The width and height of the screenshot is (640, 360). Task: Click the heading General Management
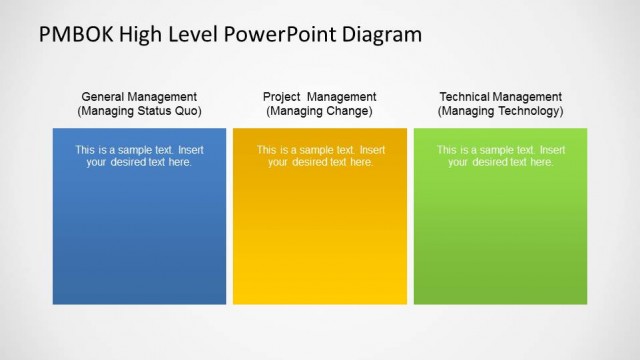coord(139,97)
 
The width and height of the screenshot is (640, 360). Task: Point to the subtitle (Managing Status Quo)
coord(139,111)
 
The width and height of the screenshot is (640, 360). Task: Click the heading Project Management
coord(320,97)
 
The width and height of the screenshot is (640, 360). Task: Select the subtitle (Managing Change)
coord(320,111)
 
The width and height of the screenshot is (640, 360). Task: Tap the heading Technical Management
coord(500,97)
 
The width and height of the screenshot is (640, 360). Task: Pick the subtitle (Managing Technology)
coord(500,111)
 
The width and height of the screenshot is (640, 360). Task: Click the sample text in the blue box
coord(139,156)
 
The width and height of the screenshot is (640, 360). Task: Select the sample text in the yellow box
coord(320,156)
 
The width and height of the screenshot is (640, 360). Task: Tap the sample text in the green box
coord(500,156)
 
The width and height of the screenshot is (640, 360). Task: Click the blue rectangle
coord(139,240)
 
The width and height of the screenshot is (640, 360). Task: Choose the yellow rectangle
coord(320,240)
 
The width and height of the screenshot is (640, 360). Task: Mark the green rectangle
coord(500,240)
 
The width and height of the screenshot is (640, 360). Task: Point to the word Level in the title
coord(204,35)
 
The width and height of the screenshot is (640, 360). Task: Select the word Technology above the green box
coord(529,111)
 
